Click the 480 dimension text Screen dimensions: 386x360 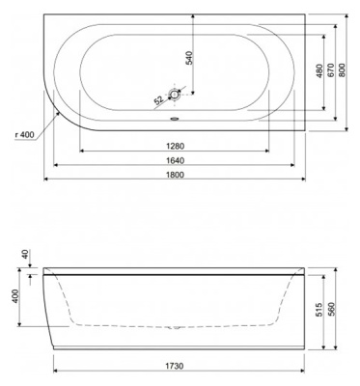coord(318,72)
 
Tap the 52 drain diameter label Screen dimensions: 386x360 coord(158,100)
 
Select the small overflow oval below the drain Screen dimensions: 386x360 coord(174,121)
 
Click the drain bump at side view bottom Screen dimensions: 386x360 coord(175,327)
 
